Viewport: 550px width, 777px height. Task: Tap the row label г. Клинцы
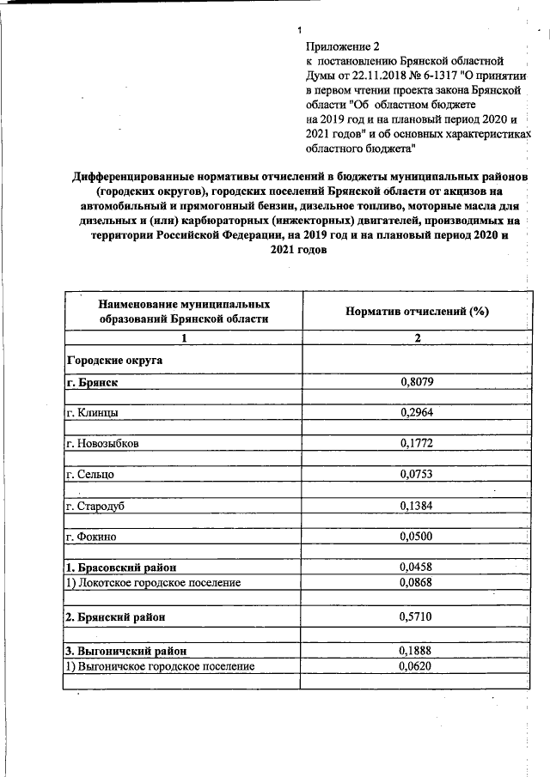92,413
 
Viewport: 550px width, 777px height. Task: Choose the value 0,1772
418,445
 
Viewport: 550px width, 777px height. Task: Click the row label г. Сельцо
90,475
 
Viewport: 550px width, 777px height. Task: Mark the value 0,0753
418,475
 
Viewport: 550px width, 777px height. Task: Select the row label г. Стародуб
95,507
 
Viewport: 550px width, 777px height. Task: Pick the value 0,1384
418,507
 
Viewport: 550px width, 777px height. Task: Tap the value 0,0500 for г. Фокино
418,537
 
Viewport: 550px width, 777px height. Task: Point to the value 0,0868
418,583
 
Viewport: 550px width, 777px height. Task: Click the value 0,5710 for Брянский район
418,616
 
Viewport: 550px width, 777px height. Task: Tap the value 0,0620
418,665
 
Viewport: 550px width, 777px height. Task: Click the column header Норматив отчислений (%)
417,312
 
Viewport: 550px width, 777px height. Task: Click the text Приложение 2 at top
341,46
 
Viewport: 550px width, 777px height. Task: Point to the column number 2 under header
418,338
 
